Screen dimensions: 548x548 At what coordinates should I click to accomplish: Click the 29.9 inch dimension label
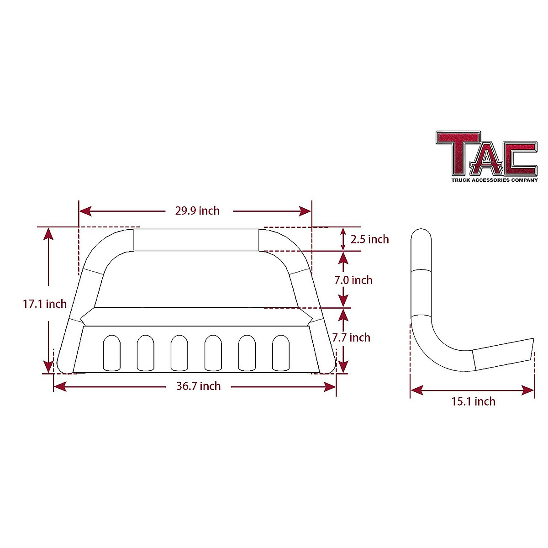[197, 211]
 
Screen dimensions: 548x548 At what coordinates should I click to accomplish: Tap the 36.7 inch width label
[199, 386]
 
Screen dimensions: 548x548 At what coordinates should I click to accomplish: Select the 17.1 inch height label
[45, 304]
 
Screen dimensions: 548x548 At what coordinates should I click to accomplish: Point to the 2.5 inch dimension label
[370, 239]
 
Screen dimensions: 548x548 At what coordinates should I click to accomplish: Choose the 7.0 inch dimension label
[353, 280]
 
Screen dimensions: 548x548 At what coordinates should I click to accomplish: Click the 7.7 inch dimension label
[351, 337]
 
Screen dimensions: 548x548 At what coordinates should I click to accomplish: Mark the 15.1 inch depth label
[473, 401]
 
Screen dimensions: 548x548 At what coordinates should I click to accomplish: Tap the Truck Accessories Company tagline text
[495, 180]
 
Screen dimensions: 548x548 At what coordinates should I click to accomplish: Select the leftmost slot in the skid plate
[112, 353]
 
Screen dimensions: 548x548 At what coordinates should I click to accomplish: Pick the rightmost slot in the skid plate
[281, 353]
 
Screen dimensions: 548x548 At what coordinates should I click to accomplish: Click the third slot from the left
[179, 353]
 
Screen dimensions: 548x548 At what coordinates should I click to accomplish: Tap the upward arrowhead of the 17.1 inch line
[48, 233]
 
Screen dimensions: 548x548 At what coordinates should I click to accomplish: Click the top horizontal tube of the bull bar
[196, 240]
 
